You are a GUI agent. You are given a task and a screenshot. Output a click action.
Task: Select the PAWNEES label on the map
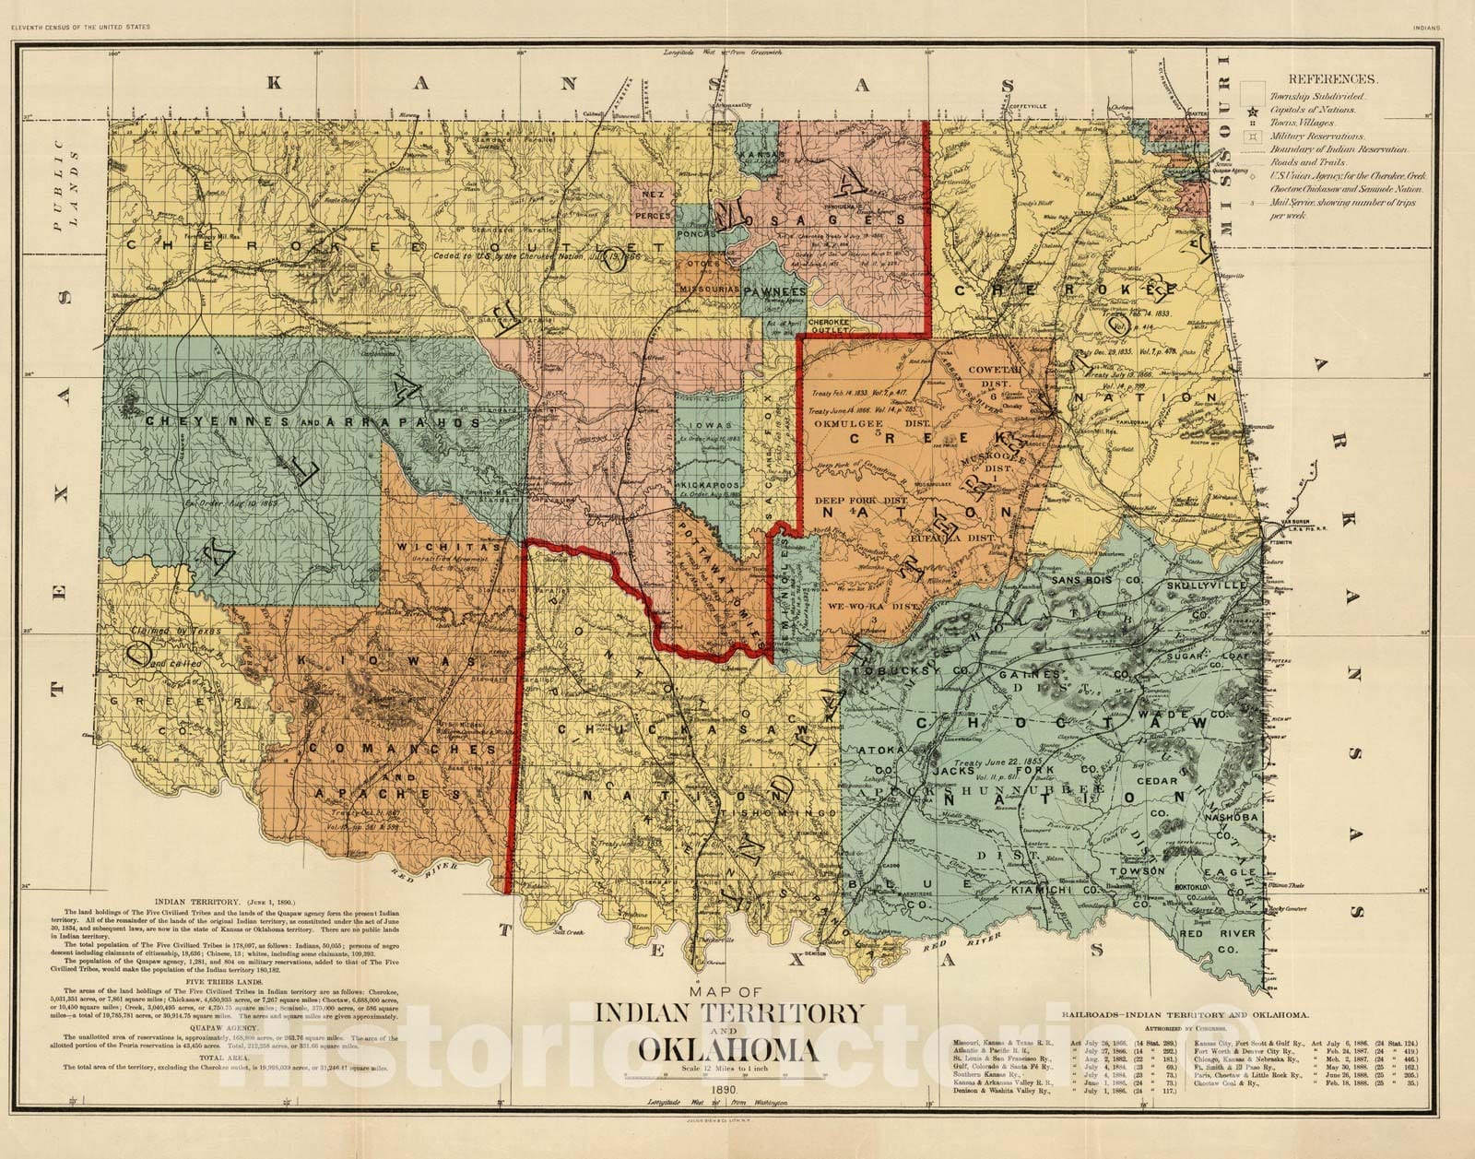point(775,290)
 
